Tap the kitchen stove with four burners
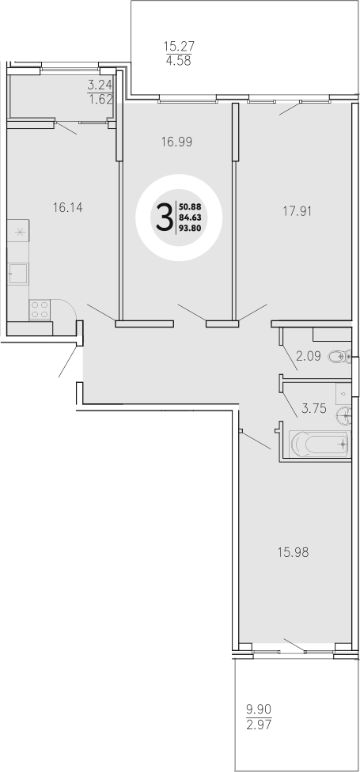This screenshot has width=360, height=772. point(40,309)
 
